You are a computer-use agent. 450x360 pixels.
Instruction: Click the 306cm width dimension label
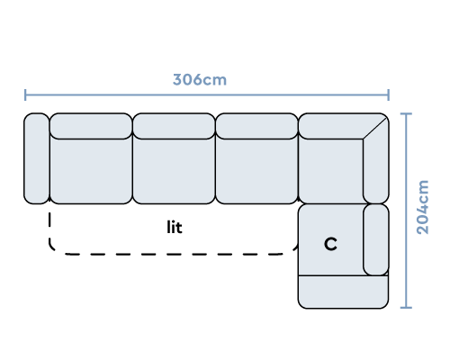[200, 80]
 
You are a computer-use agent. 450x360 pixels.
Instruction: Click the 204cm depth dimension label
[423, 207]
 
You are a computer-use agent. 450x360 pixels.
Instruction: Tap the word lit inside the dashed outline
[175, 227]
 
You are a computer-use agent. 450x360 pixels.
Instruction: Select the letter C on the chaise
[330, 244]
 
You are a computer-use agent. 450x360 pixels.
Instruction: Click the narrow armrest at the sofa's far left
[37, 158]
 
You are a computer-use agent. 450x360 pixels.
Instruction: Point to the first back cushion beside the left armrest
[91, 126]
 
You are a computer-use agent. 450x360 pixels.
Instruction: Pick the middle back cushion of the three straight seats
[174, 126]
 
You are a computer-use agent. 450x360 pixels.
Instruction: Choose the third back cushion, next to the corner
[256, 126]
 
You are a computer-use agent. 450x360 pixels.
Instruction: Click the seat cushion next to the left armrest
[91, 171]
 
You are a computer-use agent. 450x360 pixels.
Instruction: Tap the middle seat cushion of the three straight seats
[174, 171]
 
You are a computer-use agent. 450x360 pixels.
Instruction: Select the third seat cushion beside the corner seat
[256, 171]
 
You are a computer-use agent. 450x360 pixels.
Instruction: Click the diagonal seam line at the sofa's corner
[374, 128]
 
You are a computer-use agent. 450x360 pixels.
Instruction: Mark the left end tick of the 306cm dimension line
[25, 94]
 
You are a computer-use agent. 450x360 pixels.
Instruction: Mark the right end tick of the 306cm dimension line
[389, 94]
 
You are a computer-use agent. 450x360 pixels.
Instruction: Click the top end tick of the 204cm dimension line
[406, 114]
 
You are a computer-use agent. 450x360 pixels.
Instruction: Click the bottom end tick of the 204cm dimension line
[406, 308]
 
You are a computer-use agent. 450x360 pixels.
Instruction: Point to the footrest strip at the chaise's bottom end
[343, 292]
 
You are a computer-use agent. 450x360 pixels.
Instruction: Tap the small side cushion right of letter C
[376, 239]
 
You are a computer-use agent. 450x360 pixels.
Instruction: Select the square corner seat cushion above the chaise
[331, 171]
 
